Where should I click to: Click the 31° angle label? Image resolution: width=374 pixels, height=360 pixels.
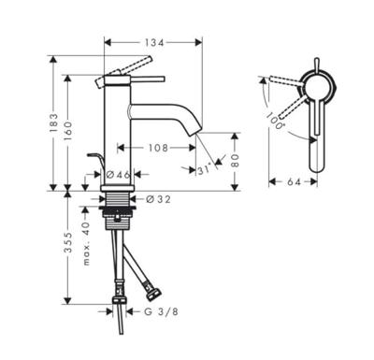coord(207,169)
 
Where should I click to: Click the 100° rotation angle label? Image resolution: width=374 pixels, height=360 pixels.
coord(273,119)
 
